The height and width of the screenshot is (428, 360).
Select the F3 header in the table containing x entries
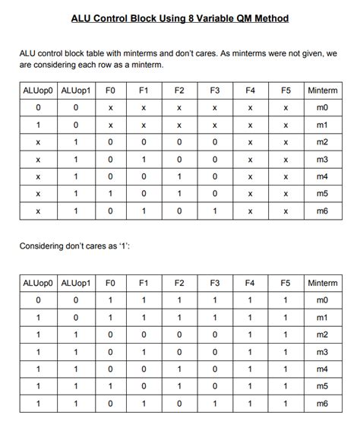tap(215, 91)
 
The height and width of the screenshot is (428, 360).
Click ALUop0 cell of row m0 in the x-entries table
tap(38, 108)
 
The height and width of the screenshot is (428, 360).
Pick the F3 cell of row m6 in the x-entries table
tap(215, 211)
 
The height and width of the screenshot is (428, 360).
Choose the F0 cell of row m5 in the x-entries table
tap(109, 194)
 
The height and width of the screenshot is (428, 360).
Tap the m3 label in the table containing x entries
tap(323, 160)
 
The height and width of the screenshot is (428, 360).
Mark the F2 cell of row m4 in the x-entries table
tap(179, 176)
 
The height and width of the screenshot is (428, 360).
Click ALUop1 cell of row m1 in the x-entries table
tap(76, 125)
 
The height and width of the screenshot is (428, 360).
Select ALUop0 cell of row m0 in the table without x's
tap(38, 300)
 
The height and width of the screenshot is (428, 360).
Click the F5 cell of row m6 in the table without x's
tap(286, 403)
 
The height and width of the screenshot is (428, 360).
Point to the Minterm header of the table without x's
tap(323, 284)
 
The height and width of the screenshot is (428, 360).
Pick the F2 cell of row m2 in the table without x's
tap(179, 334)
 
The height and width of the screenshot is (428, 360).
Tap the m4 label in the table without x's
tap(323, 369)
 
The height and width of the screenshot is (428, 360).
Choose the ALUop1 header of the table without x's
tap(76, 284)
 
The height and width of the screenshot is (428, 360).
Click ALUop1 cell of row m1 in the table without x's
tap(76, 317)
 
